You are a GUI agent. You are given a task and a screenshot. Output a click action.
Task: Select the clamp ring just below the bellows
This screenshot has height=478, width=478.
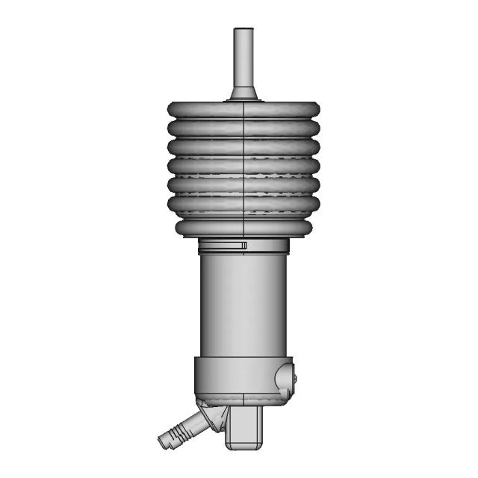(224, 246)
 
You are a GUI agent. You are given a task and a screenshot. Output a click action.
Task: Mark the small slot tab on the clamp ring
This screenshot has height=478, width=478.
(243, 245)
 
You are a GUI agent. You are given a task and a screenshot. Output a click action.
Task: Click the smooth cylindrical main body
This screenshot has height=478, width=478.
(243, 306)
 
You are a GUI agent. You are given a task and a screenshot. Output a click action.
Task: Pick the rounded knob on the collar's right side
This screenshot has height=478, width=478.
(285, 377)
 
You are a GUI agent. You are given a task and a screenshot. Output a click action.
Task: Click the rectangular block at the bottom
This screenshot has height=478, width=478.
(246, 429)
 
